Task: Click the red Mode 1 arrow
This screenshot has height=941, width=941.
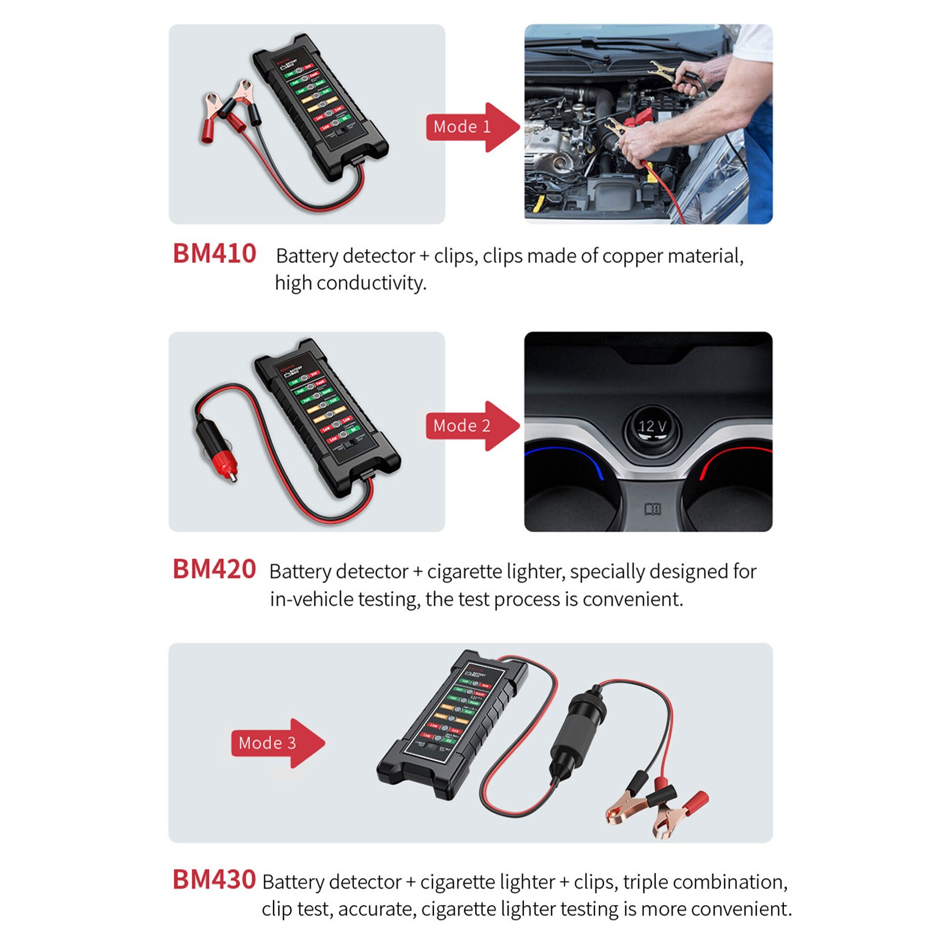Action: pyautogui.click(x=470, y=127)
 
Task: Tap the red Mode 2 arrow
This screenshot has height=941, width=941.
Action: pyautogui.click(x=470, y=426)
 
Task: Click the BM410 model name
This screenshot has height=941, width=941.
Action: pyautogui.click(x=214, y=254)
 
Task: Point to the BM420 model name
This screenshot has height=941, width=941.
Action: pyautogui.click(x=214, y=569)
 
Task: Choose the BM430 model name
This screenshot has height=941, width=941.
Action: pyautogui.click(x=214, y=880)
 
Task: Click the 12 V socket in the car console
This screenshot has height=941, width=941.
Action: pyautogui.click(x=652, y=427)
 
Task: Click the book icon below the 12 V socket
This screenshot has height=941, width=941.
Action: pyautogui.click(x=653, y=509)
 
